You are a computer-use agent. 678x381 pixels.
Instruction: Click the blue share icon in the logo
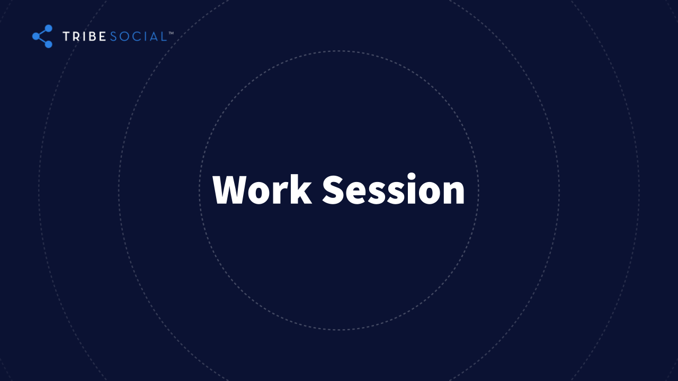(42, 37)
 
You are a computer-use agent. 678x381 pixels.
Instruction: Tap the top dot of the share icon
(49, 28)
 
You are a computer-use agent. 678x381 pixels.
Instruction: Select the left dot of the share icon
(36, 37)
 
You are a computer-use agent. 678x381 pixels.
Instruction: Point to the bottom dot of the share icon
(49, 44)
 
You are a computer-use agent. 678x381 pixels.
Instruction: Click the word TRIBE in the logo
(84, 37)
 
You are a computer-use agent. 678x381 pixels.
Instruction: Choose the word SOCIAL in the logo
(138, 37)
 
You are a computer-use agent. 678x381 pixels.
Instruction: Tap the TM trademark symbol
(171, 33)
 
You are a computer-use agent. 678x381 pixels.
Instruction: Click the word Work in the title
(262, 190)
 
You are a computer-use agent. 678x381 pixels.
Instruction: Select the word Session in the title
(393, 189)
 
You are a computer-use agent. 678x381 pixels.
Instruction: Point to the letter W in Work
(230, 190)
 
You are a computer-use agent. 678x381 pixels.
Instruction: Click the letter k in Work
(301, 189)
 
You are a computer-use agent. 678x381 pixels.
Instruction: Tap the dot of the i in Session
(412, 177)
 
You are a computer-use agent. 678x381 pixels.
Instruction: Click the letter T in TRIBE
(66, 37)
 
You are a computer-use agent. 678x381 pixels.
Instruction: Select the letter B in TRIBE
(92, 37)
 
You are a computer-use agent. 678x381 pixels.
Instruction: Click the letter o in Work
(260, 194)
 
